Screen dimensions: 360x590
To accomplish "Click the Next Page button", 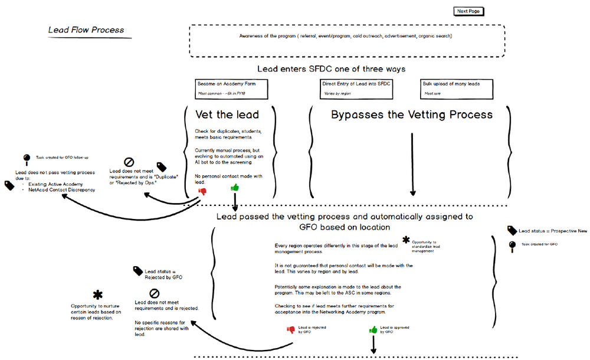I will point(469,11).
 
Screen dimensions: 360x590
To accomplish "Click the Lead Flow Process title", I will point(86,30).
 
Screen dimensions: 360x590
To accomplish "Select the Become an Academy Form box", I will point(232,89).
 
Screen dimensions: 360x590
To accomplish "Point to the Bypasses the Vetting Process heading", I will point(411,114).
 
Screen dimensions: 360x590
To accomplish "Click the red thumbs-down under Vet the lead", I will point(202,190).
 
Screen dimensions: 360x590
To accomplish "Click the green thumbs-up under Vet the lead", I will point(235,188).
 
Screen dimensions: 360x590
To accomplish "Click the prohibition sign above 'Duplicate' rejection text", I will point(129,162).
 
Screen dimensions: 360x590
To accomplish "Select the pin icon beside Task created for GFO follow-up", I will point(27,158).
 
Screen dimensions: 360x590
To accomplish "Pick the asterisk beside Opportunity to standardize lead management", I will point(406,240).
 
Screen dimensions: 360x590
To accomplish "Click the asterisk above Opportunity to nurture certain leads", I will point(97,294).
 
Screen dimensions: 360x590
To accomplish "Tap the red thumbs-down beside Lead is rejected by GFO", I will point(290,330).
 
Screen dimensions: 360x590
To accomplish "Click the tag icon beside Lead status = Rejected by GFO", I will point(138,272).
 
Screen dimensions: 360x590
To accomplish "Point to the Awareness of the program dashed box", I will point(346,41).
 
